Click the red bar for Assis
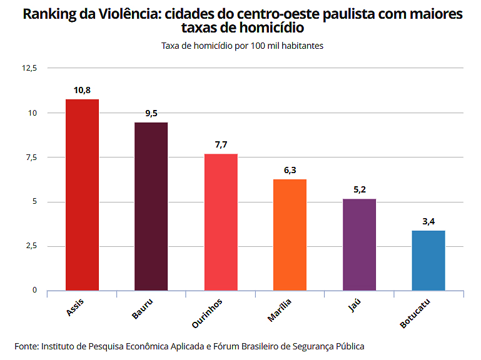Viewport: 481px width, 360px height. click(x=82, y=194)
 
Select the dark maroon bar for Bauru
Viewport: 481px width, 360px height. click(x=151, y=206)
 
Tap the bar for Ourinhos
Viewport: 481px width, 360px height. click(x=221, y=222)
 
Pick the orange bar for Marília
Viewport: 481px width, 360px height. click(x=290, y=234)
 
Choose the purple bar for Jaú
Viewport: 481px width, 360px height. click(x=359, y=244)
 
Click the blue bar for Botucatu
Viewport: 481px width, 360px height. click(x=428, y=260)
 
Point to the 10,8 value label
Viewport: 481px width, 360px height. click(x=82, y=91)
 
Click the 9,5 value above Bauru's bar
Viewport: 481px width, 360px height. click(x=151, y=114)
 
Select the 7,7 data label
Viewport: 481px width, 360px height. click(x=221, y=145)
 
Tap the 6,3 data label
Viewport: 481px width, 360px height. click(x=290, y=171)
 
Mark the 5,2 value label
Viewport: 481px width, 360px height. click(x=359, y=190)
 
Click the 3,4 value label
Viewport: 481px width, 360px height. click(x=428, y=222)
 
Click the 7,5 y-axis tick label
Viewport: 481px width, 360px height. click(x=31, y=157)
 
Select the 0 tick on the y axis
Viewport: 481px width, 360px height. click(x=35, y=291)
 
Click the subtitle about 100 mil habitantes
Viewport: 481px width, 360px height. click(x=241, y=46)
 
